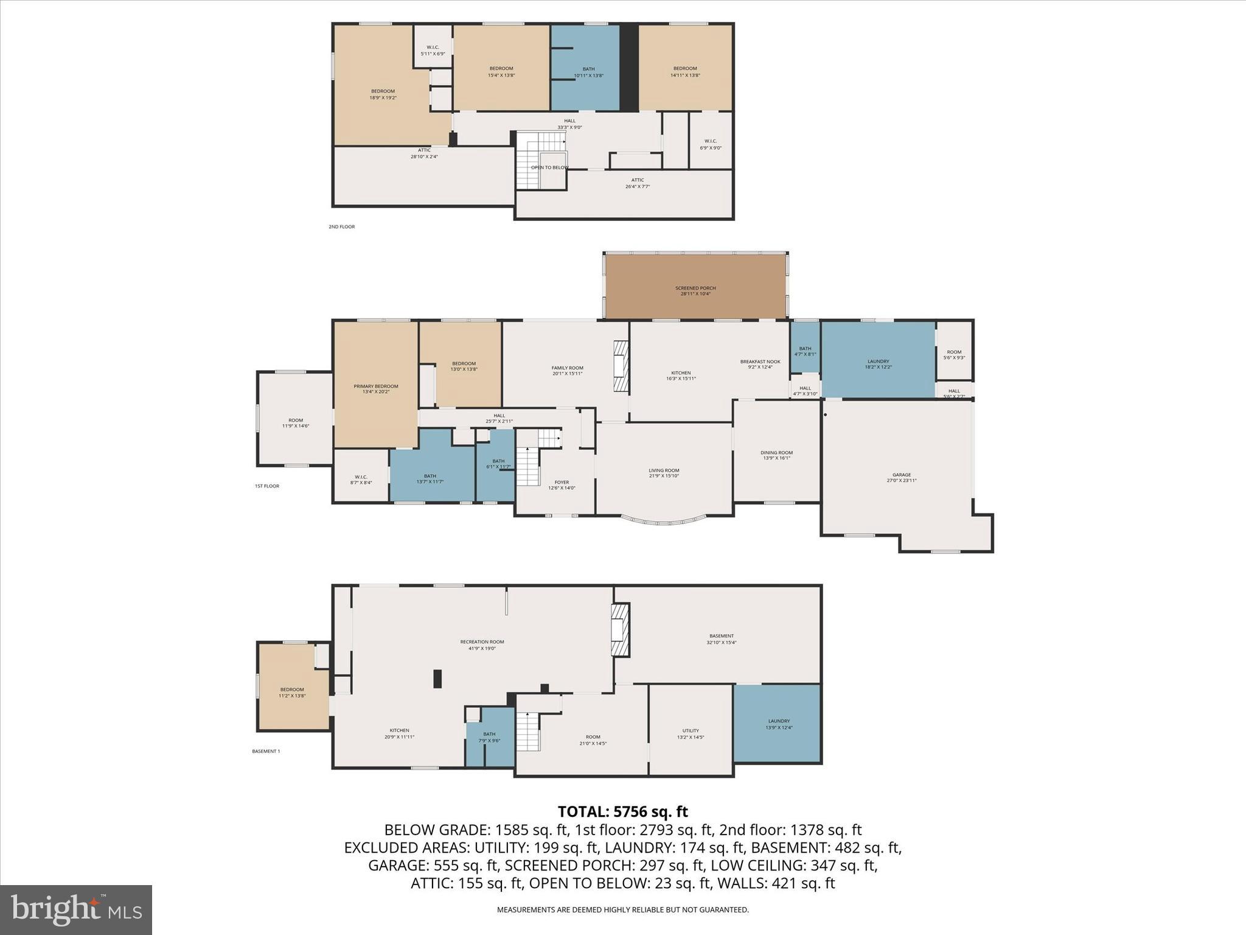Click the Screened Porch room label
tap(695, 291)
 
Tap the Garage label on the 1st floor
tap(901, 477)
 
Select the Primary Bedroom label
tap(375, 389)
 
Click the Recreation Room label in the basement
tap(482, 645)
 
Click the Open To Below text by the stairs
tap(549, 167)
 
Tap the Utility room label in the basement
tap(690, 734)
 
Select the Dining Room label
tap(776, 455)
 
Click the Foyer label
tap(561, 485)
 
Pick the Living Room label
tap(663, 473)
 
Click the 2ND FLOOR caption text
tap(341, 227)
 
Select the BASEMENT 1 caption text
tap(266, 751)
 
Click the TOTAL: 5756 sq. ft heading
tap(622, 811)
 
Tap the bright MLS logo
tap(76, 909)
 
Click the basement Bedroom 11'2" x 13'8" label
tap(292, 692)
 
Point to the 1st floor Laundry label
tap(877, 364)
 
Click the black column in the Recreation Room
tap(437, 679)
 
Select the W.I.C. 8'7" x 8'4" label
tap(361, 480)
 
